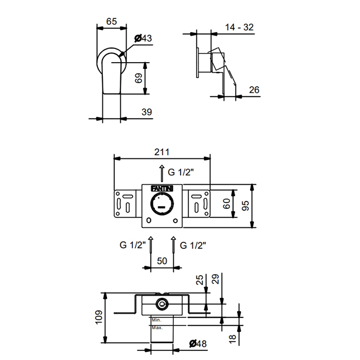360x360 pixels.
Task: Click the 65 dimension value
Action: point(112,22)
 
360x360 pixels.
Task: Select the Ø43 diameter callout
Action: point(143,38)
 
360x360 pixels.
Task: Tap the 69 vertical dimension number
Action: point(138,78)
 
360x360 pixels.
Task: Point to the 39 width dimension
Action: point(147,112)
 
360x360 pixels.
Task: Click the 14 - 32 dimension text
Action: point(239,27)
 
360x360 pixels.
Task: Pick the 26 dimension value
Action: point(254,90)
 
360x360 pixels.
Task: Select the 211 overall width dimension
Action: point(162,152)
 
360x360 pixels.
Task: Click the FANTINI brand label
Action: point(162,189)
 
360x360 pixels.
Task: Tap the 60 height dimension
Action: point(227,204)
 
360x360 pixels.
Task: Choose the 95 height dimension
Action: point(245,206)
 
